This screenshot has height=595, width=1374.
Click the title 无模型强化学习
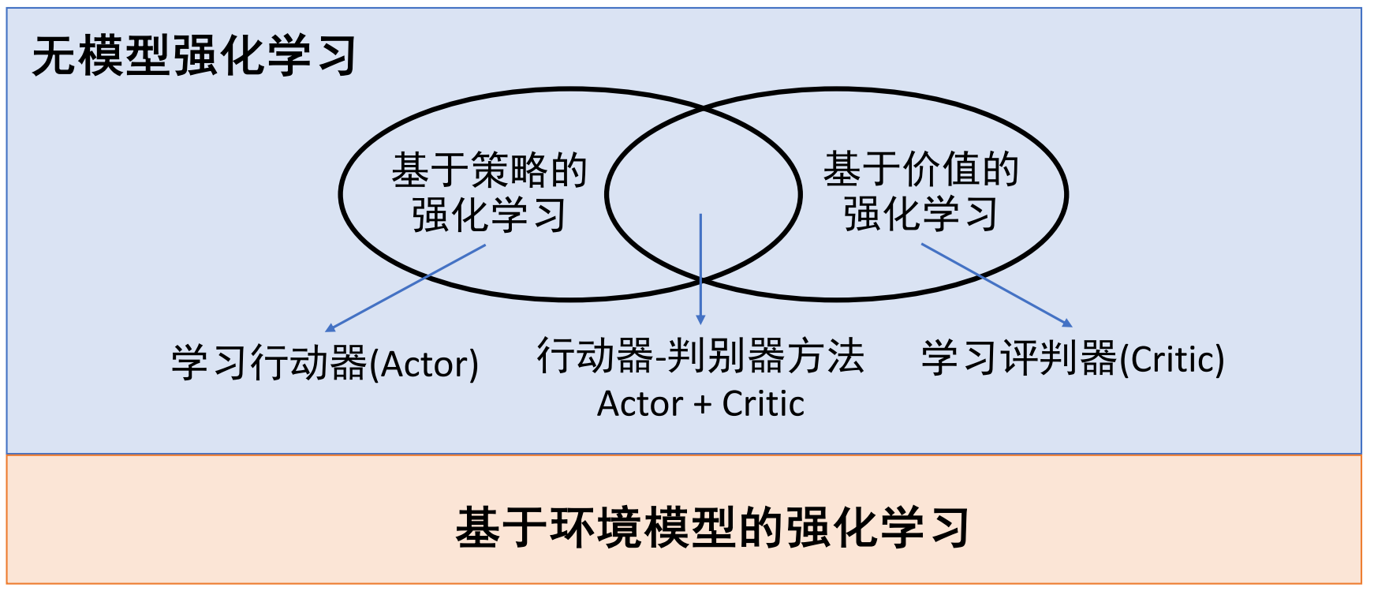194,57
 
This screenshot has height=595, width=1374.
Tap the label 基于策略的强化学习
489,193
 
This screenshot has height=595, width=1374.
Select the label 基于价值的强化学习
920,192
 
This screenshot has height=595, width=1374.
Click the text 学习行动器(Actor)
325,363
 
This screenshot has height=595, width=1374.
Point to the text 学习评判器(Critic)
1072,358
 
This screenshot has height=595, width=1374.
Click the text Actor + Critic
700,404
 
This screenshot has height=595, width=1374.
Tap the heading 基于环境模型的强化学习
711,527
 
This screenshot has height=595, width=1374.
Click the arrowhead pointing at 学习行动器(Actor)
330,328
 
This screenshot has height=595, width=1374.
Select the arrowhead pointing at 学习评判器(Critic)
1067,323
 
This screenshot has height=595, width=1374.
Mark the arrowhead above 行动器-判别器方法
700,319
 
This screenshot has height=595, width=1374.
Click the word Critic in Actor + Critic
763,404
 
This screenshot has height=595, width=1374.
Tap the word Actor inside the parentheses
424,365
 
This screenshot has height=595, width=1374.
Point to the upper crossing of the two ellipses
704,110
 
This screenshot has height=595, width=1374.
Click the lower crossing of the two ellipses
701,279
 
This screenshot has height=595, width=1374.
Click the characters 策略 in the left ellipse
509,170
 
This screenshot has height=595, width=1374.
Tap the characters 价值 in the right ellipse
940,170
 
